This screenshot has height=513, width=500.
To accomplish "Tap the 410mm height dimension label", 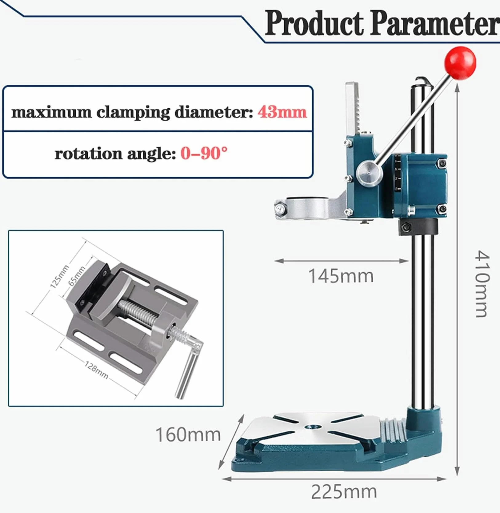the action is pos(482,283).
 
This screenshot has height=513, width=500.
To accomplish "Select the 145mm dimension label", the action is pos(341,276).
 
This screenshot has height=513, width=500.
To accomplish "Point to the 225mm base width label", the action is pos(344,492).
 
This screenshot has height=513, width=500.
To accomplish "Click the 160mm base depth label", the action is pos(188,435).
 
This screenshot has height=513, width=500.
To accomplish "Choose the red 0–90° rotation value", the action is pos(204,153).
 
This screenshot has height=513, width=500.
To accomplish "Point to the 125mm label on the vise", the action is pos(59,277).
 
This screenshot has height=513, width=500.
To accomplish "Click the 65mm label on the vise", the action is pos(77,276).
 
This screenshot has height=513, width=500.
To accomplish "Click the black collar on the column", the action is pos(418,227).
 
